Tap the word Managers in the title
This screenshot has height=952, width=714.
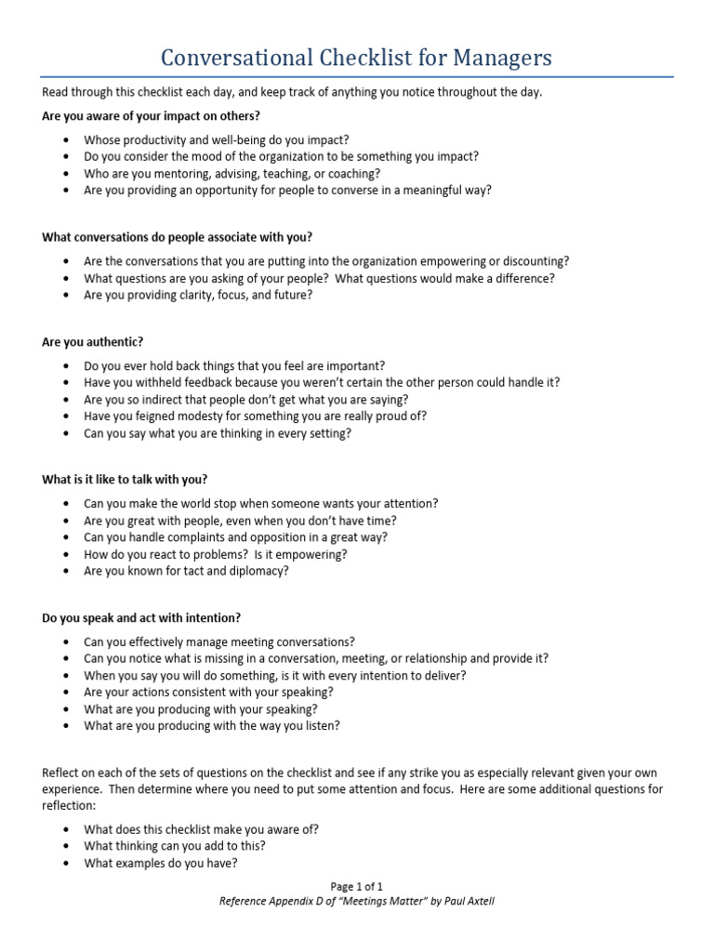pyautogui.click(x=503, y=59)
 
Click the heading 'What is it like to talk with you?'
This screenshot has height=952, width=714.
pyautogui.click(x=125, y=480)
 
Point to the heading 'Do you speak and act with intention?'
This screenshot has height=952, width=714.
pyautogui.click(x=141, y=617)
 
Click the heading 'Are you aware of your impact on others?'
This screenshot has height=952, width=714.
pyautogui.click(x=152, y=115)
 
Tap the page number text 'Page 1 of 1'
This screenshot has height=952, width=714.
pyautogui.click(x=357, y=887)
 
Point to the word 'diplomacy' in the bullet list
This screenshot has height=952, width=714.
pyautogui.click(x=257, y=571)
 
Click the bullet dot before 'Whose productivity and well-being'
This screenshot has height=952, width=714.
pyautogui.click(x=67, y=140)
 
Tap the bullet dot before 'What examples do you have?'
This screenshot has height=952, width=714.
pyautogui.click(x=67, y=864)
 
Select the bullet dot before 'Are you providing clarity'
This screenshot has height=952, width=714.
pyautogui.click(x=67, y=296)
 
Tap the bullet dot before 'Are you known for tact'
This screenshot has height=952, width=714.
pyautogui.click(x=67, y=572)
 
